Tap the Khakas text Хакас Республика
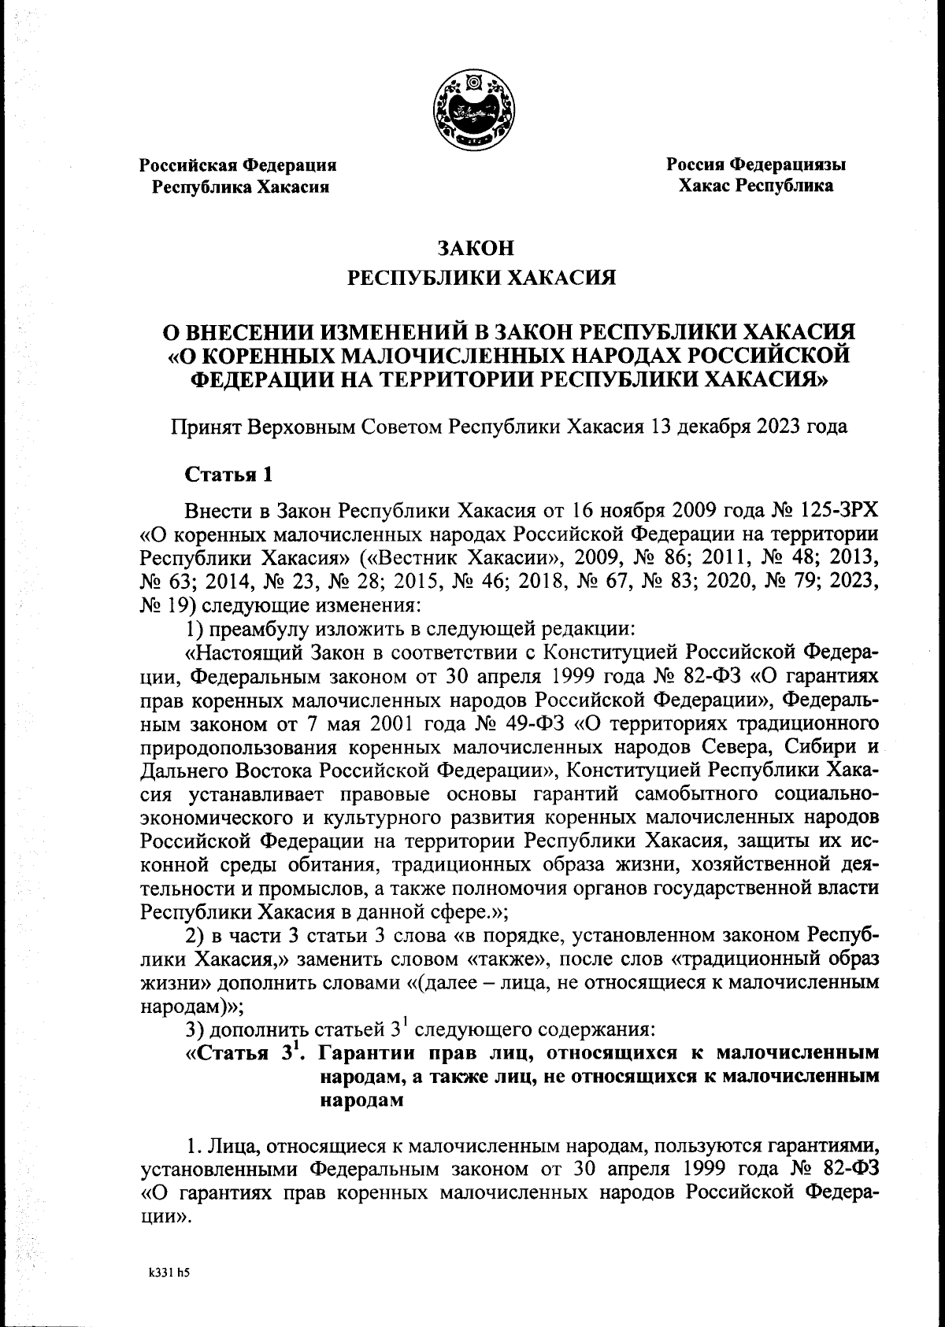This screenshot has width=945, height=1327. tap(755, 187)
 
